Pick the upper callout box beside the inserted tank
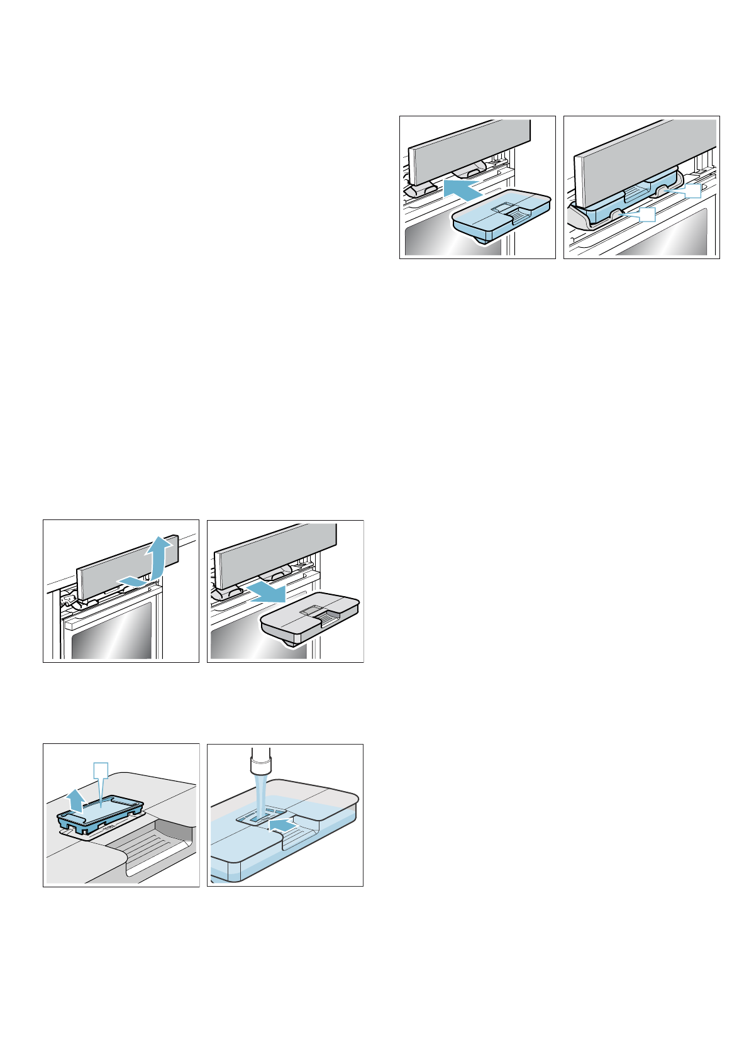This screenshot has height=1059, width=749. click(692, 191)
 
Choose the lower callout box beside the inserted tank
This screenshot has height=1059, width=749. click(646, 214)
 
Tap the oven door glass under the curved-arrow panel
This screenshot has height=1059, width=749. click(111, 635)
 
